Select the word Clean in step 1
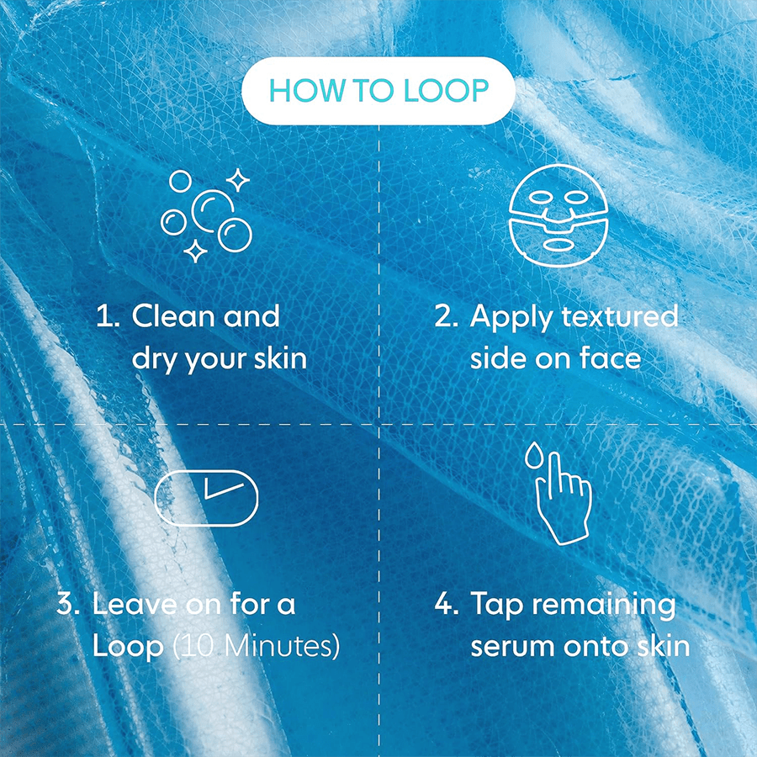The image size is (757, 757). coord(174,317)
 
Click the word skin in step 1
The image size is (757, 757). coord(280,358)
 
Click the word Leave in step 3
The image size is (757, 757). coord(133,605)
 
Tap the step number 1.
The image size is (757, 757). coord(104,318)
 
